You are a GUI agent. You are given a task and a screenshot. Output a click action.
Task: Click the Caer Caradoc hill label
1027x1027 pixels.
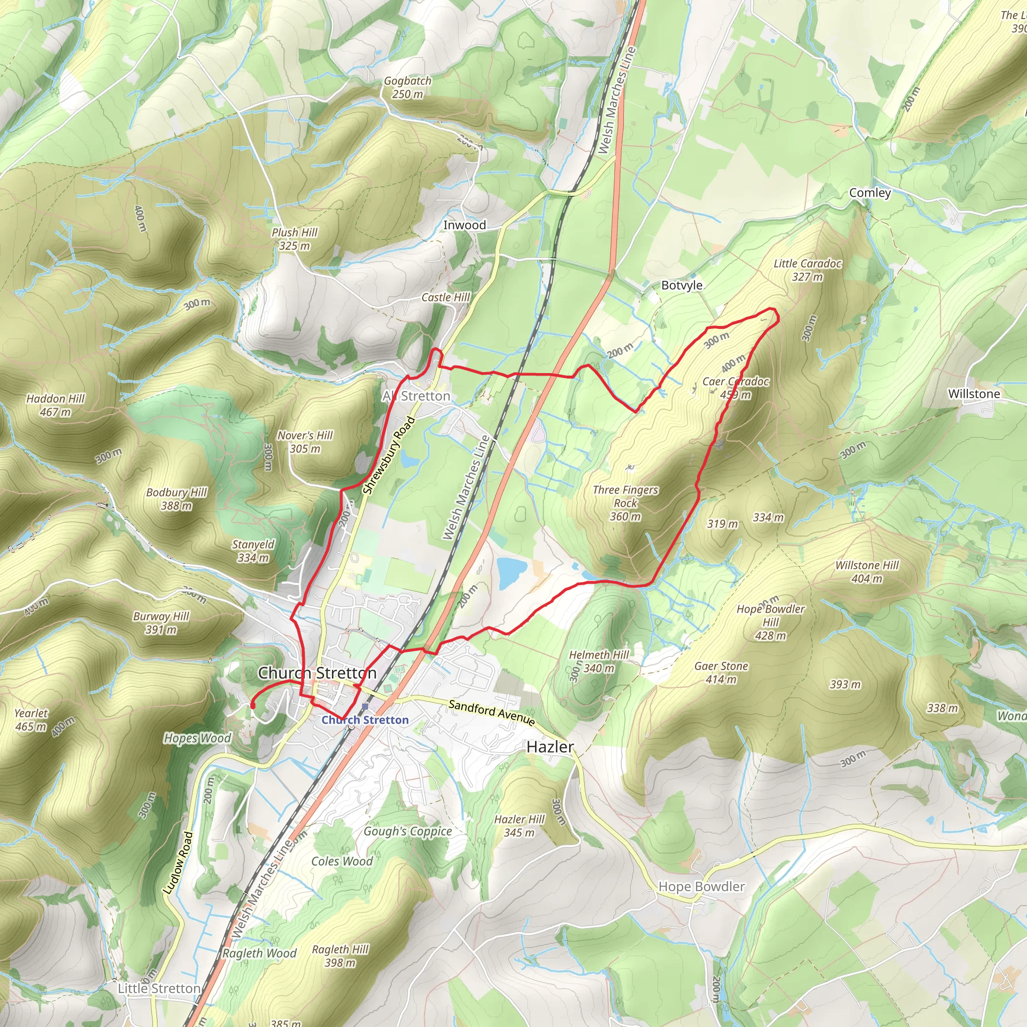coord(735,388)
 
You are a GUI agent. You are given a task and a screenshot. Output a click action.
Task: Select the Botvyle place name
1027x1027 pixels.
coord(681,285)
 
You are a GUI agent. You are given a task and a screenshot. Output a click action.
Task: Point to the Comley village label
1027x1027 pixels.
coord(870,193)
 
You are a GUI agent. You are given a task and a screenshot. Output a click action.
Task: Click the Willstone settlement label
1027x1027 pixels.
coord(974,393)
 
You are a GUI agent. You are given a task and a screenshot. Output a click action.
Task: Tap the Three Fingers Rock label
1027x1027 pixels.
coord(625,502)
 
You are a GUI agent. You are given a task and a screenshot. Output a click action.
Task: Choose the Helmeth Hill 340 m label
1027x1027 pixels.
coord(599,661)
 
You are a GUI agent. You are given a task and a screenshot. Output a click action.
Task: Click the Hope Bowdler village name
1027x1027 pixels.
coord(701,886)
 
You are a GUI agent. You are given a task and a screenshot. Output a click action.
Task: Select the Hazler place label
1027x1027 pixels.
coord(550,747)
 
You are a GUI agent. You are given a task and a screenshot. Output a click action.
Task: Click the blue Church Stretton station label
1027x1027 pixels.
coord(365,720)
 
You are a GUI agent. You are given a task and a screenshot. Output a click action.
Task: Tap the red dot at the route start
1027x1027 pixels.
coord(253,706)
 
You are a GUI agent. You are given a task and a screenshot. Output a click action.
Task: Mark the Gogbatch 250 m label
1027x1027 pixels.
coord(407,87)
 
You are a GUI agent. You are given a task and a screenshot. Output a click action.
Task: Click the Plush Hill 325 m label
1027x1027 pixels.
coord(294,239)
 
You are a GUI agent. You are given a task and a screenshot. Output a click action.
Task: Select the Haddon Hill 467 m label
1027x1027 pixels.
coord(55,405)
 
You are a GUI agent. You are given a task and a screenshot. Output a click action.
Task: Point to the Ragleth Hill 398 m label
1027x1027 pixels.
coord(339,956)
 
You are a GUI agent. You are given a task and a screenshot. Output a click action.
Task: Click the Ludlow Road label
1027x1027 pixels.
coord(178,862)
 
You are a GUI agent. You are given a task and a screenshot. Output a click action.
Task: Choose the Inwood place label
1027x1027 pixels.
coord(464,225)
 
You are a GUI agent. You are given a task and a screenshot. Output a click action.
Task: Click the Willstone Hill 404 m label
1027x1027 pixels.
coord(867,572)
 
